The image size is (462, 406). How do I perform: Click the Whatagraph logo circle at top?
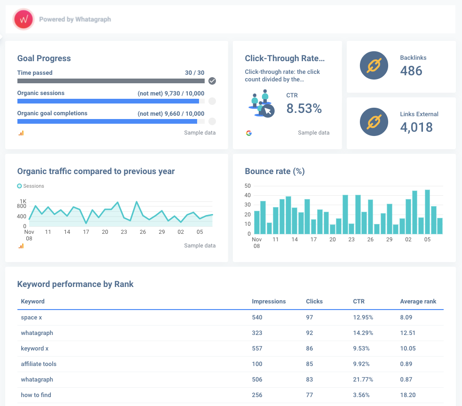click(x=23, y=19)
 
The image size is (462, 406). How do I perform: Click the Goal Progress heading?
click(x=44, y=58)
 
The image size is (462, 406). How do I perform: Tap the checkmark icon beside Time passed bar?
click(x=212, y=81)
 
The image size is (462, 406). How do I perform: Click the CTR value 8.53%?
click(x=304, y=109)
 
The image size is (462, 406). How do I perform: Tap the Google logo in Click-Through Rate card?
click(x=249, y=133)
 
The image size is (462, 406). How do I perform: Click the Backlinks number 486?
click(x=411, y=71)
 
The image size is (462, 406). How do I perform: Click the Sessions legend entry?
click(x=31, y=186)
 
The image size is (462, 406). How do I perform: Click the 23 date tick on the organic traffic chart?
click(x=124, y=232)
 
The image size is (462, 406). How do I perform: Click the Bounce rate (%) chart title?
click(x=275, y=171)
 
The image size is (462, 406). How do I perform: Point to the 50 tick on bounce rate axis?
click(x=247, y=186)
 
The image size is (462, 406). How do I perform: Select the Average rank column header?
click(x=418, y=301)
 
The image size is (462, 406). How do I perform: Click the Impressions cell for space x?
click(x=257, y=317)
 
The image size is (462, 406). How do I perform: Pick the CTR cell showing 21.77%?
click(x=363, y=379)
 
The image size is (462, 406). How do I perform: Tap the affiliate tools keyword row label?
click(x=39, y=364)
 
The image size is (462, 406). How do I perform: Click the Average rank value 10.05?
click(x=408, y=348)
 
